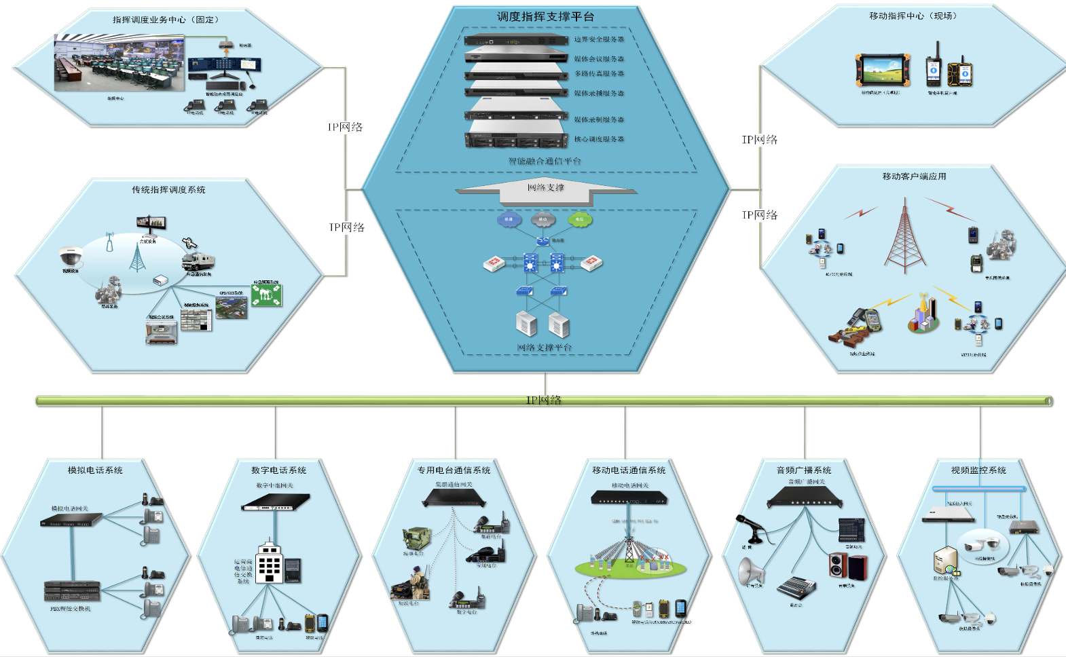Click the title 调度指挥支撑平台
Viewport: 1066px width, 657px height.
tap(545, 16)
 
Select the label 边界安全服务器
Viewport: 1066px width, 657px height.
tap(599, 39)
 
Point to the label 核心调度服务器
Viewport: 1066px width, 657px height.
tap(599, 139)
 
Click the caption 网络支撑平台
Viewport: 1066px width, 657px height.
tap(545, 348)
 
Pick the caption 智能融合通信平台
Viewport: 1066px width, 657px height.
tap(545, 161)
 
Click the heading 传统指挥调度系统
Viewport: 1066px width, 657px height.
tap(168, 190)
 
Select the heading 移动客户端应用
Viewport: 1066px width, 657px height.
tap(914, 176)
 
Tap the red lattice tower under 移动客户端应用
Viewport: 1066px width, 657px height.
tap(904, 238)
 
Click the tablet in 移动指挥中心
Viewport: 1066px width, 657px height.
tap(882, 69)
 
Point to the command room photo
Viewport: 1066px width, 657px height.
tap(119, 64)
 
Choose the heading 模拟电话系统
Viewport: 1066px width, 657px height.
tap(95, 470)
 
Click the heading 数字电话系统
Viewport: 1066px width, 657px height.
tap(278, 470)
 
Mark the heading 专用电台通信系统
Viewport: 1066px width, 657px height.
tap(454, 470)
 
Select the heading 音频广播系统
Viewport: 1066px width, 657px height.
tap(804, 470)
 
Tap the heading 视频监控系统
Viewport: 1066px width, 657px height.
tap(978, 470)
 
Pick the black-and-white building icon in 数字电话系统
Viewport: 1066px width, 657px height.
tap(270, 563)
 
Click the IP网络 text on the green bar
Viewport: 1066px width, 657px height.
tap(544, 400)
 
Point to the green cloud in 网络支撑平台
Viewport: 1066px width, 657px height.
tap(579, 219)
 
